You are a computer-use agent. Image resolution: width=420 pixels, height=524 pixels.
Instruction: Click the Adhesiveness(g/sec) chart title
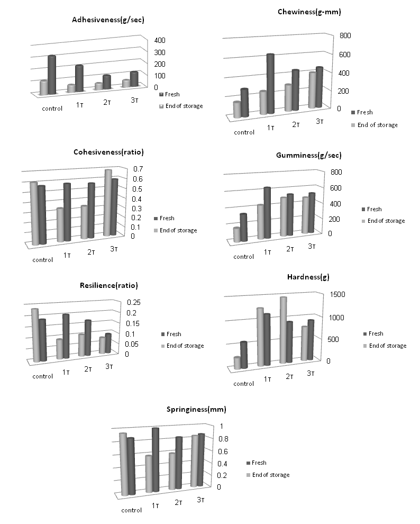pos(109,20)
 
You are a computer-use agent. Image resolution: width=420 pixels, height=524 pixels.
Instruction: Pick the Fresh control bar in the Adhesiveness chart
pos(51,75)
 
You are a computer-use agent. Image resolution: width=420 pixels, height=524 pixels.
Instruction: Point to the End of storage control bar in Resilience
pos(36,335)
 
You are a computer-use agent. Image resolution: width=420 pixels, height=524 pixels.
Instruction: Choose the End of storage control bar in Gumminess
pos(237,234)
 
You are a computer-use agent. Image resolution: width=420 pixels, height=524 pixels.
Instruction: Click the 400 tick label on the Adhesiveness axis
pos(160,41)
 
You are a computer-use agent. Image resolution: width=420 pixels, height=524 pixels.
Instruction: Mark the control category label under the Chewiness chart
pos(244,132)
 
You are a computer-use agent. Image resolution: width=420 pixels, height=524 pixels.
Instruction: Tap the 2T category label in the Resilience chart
pos(89,368)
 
